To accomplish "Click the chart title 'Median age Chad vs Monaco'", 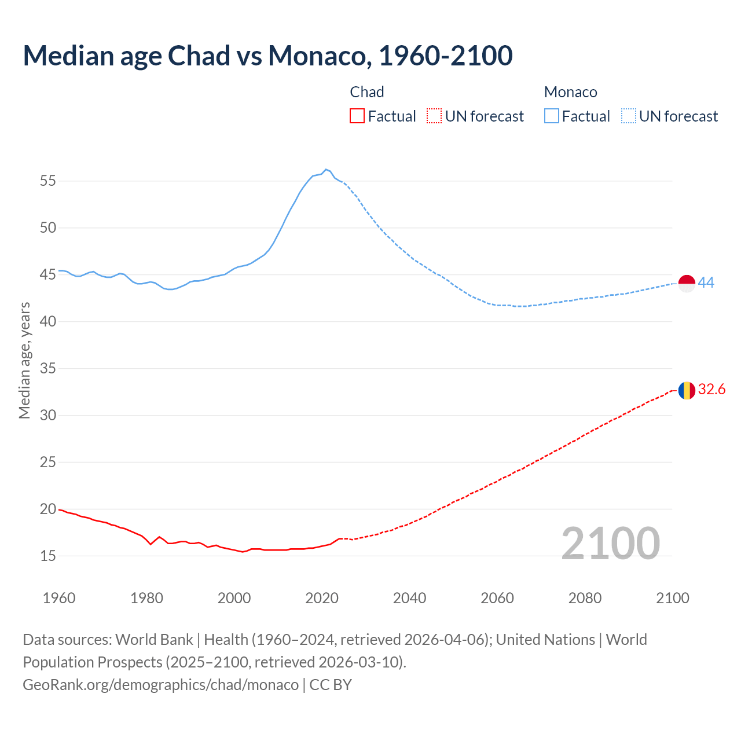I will tap(267, 56).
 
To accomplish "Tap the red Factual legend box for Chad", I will tap(357, 116).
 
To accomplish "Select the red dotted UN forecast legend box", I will tap(434, 116).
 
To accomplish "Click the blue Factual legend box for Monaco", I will tap(552, 116).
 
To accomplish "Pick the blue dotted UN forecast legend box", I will tap(629, 116).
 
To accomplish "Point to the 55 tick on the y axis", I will tap(48, 181).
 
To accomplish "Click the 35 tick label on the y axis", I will tap(48, 368).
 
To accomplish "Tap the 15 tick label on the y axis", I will tap(48, 556).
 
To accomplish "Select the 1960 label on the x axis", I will tap(59, 598).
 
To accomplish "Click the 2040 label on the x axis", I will tap(409, 598).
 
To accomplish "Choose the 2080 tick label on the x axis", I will tap(585, 598).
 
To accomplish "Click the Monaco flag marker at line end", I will tap(687, 284).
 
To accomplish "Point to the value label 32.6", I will tap(711, 390).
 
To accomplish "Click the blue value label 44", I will tap(706, 283).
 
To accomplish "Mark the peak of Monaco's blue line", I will tap(326, 169).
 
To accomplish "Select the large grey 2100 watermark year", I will tap(610, 543).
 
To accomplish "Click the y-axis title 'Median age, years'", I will tap(24, 360).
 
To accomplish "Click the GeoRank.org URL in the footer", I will tap(160, 684).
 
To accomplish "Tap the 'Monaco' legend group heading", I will tap(570, 92).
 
